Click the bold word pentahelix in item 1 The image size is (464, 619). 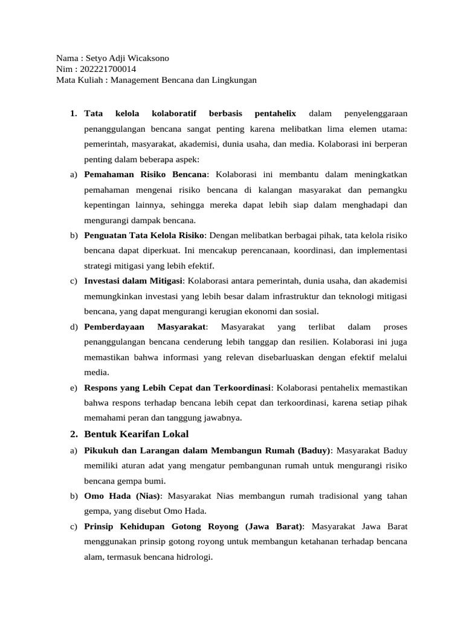tap(275, 113)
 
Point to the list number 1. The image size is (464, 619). tap(73, 113)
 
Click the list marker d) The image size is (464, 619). tap(74, 327)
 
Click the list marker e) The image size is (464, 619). tap(74, 387)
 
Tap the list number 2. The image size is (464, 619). tap(73, 434)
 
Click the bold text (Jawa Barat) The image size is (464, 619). tap(272, 527)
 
